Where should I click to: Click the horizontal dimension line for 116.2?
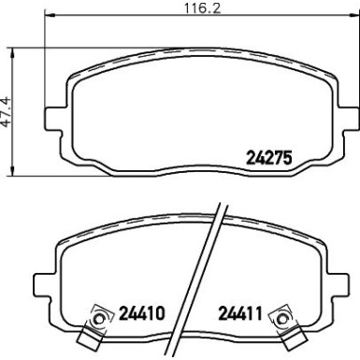pyautogui.click(x=112, y=19)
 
